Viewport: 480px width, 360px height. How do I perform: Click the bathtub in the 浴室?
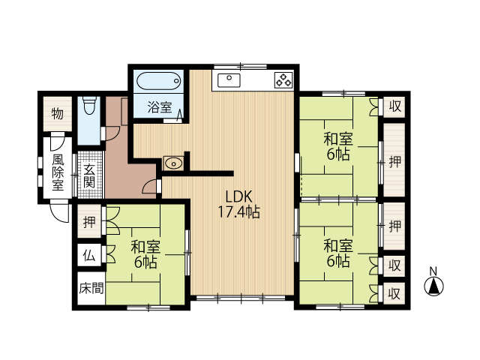click(158, 81)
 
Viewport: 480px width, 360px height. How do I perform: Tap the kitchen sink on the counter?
click(229, 80)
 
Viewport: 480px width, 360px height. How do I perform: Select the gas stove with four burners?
click(283, 79)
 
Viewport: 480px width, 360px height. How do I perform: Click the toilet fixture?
click(90, 105)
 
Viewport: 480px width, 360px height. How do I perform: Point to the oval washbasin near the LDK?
click(173, 163)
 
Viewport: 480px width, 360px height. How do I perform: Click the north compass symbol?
click(433, 286)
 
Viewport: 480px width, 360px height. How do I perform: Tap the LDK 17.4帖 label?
click(238, 204)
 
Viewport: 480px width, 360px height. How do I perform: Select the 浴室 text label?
click(160, 106)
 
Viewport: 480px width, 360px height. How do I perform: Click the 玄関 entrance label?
click(89, 176)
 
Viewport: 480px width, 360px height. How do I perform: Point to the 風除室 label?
click(58, 172)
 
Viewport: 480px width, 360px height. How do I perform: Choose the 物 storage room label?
click(58, 114)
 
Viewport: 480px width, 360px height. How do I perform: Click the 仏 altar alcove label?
click(89, 256)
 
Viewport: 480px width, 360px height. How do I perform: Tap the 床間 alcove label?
click(91, 288)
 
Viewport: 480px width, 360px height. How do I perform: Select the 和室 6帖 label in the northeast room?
click(338, 147)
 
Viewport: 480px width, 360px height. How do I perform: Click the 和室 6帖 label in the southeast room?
click(338, 253)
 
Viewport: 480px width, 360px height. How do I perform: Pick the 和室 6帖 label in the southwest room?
click(145, 254)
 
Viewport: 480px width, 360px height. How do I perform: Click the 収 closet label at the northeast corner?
click(395, 106)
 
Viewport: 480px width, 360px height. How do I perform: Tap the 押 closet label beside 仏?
click(89, 221)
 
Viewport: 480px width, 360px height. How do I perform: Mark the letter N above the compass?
click(433, 271)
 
